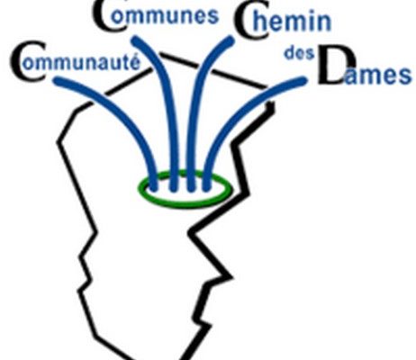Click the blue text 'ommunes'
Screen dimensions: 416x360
click(164, 15)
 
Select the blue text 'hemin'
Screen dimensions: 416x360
click(292, 22)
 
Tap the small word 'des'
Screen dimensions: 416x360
click(299, 53)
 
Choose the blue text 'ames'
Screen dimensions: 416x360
click(377, 75)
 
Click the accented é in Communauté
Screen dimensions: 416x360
click(135, 62)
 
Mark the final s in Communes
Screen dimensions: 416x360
click(213, 16)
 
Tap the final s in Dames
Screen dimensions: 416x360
click(405, 76)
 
